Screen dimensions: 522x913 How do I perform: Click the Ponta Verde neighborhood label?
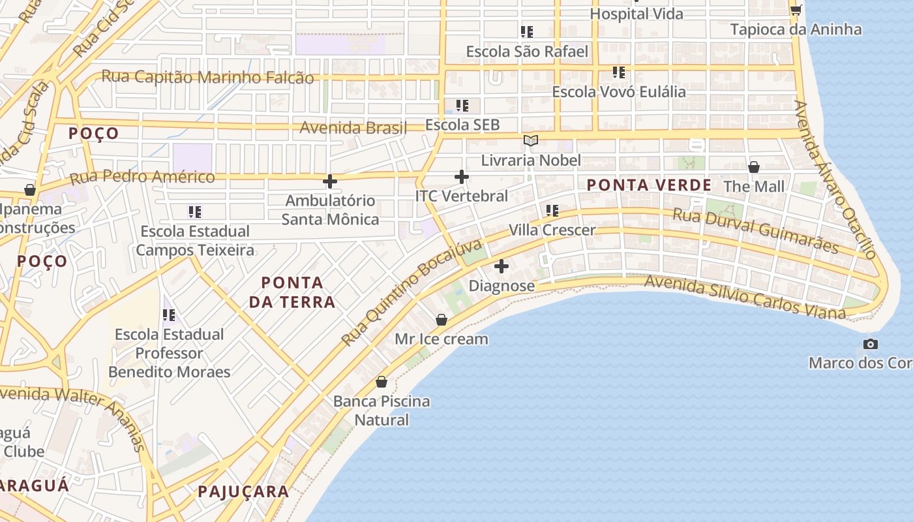tap(649, 185)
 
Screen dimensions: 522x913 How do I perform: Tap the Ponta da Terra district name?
tap(298, 292)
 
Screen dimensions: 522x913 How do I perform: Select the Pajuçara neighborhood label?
tap(243, 492)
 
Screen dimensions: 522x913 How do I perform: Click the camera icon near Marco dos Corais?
tap(870, 344)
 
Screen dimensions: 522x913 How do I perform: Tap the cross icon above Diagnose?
tap(501, 266)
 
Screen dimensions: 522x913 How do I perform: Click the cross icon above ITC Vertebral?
tap(462, 177)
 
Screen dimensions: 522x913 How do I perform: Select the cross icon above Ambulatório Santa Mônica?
tap(330, 181)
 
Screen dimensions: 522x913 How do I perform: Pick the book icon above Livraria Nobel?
tap(531, 141)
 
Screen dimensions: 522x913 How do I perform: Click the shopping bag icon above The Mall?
tap(754, 167)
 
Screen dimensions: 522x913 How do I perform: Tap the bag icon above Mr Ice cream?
tap(442, 320)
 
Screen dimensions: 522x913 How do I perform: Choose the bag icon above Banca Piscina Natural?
tap(382, 382)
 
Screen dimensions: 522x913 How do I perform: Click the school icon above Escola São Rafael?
tap(527, 32)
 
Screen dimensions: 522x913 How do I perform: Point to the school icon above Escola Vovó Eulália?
tap(618, 72)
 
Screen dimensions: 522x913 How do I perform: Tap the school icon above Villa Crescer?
tap(552, 211)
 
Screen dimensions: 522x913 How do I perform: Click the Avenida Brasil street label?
tap(353, 128)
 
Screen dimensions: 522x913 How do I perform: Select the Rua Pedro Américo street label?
tap(142, 177)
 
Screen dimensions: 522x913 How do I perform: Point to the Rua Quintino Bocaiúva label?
tap(412, 292)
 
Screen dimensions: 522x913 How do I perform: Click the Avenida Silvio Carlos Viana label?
tap(745, 298)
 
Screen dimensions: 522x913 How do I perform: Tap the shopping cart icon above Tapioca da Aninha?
tap(796, 10)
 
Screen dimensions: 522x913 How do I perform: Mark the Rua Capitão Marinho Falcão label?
tap(207, 78)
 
